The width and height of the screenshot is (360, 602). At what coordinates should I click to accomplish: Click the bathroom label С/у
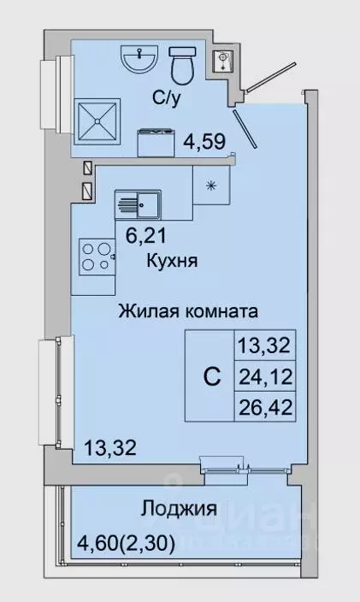coord(165,98)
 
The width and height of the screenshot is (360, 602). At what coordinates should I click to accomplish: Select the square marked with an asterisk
coord(210,183)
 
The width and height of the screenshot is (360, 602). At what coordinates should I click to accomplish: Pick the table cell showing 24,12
coord(263,375)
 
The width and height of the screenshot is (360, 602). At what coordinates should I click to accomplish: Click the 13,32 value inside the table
coord(263,346)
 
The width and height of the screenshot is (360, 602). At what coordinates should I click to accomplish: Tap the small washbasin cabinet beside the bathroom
coord(223,62)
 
